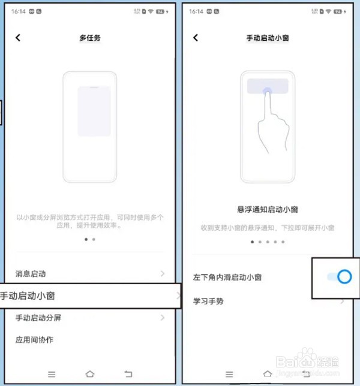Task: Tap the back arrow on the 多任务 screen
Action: point(18,38)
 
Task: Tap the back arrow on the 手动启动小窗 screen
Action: point(196,38)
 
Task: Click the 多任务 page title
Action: point(90,38)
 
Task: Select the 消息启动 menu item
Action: point(31,274)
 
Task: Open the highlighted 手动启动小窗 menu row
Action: point(90,295)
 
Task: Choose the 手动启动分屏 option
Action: point(38,318)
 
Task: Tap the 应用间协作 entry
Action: point(35,340)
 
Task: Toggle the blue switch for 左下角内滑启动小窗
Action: point(338,276)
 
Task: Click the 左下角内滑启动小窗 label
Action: point(227,278)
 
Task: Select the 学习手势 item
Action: point(208,301)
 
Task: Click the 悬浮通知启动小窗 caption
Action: point(268,210)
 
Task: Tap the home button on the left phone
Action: point(90,373)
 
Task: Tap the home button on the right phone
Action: point(268,373)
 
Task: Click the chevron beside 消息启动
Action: point(163,274)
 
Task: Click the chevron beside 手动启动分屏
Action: point(163,318)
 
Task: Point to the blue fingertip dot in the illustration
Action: point(267,91)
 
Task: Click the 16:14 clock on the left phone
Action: point(19,11)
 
